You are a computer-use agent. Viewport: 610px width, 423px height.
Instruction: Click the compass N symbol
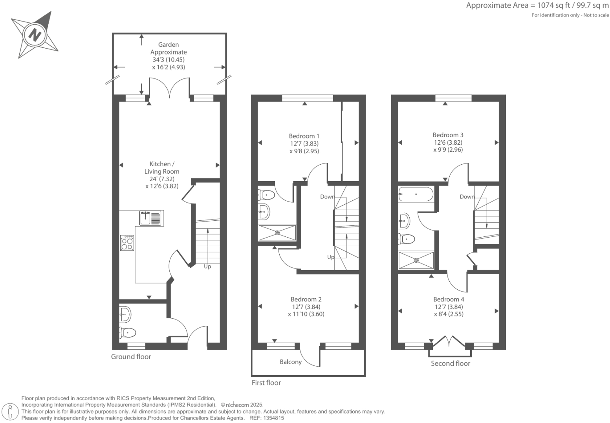click(35, 35)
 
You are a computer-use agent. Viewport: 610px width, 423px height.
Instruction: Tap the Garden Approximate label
click(169, 48)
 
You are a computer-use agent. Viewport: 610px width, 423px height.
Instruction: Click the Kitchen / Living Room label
click(161, 167)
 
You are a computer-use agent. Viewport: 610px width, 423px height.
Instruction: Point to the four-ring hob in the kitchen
click(127, 243)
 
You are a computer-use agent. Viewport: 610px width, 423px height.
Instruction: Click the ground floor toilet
click(127, 332)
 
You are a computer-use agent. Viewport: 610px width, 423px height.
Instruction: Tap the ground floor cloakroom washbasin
click(125, 314)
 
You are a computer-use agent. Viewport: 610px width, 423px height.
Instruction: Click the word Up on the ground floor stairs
click(207, 267)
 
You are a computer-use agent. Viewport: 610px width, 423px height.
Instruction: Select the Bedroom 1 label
click(304, 136)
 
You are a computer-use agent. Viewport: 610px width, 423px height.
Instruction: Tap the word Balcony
click(291, 362)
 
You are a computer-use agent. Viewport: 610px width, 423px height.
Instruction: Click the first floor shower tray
click(277, 232)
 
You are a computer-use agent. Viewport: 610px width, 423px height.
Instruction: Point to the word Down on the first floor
click(327, 196)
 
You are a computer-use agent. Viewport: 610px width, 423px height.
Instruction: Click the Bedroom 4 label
click(449, 299)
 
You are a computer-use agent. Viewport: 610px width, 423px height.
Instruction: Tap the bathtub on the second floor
click(416, 194)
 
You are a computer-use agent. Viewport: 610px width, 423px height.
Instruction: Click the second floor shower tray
click(416, 260)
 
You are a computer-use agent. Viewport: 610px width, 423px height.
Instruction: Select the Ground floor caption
click(131, 356)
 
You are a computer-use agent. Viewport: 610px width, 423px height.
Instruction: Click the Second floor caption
click(450, 363)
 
